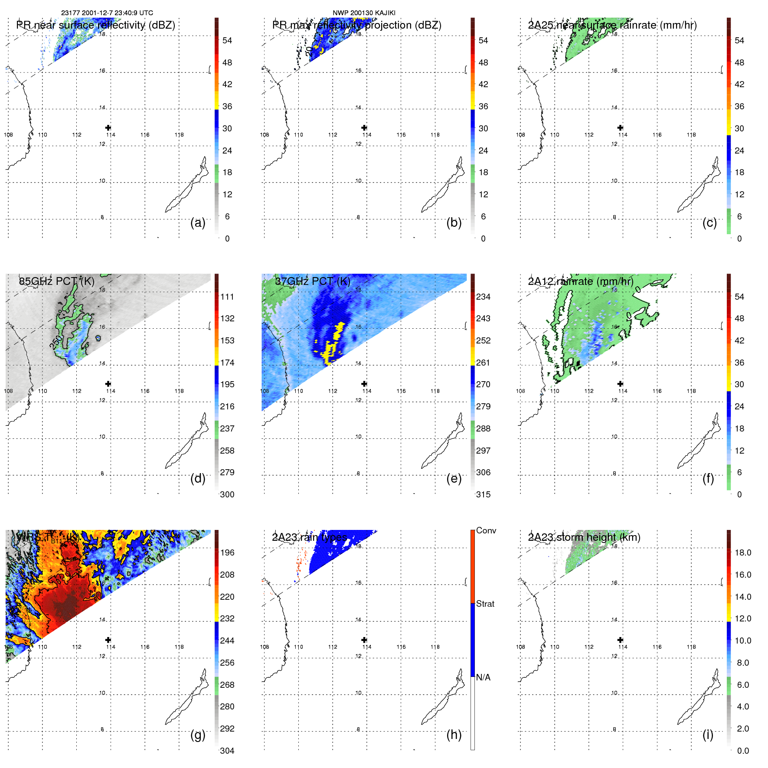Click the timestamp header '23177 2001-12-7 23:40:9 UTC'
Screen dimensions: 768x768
107,13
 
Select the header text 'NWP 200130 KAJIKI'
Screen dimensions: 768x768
364,13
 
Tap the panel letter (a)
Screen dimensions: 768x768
198,222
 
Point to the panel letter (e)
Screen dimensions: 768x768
454,478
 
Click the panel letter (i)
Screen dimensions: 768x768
708,735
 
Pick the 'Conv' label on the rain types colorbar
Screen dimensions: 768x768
486,530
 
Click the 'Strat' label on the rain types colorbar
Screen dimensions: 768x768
485,604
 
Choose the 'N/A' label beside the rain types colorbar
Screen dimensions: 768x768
483,677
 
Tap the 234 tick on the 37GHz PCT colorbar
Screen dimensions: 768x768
483,297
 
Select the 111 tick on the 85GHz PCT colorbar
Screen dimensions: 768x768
227,297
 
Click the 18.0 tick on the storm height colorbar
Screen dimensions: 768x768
743,552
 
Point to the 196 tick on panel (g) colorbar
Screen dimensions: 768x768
227,552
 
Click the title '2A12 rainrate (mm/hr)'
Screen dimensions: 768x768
581,281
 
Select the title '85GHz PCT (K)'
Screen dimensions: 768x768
57,281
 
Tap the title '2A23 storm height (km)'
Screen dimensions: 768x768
584,537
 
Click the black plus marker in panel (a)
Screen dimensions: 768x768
108,127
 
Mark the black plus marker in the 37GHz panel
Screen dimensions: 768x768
364,384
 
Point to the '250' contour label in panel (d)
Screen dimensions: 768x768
56,342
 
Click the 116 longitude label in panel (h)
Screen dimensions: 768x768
401,647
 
